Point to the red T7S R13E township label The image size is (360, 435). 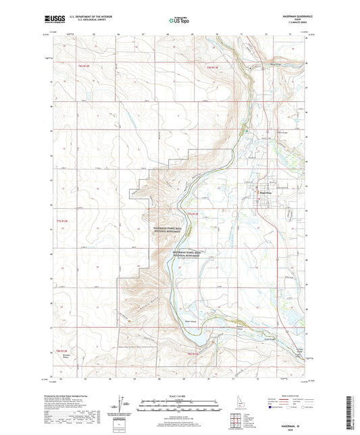(195, 214)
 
